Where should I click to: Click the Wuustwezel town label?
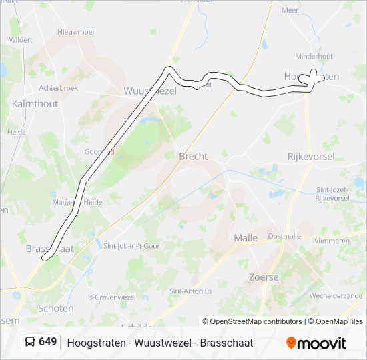coord(150,91)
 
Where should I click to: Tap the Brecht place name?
coord(193,156)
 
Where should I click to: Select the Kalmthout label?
coord(35,104)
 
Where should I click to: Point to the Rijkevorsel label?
coord(309,156)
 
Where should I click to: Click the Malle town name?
coord(246,238)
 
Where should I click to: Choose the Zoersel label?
coord(264,277)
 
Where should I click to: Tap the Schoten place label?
coord(56,309)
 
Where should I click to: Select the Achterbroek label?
coord(59,87)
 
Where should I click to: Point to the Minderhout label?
coord(314,57)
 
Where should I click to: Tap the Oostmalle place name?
coord(284,236)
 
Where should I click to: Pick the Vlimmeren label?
coord(333,241)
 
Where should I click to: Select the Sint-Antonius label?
coord(191,291)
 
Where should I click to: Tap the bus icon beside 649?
coord(31,342)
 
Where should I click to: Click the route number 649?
coord(48,342)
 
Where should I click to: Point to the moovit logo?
coord(316,343)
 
